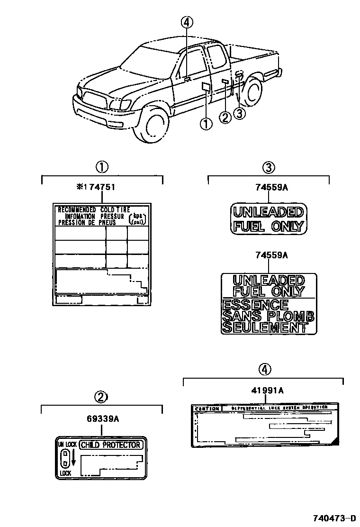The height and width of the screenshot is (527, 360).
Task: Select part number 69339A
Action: click(x=102, y=419)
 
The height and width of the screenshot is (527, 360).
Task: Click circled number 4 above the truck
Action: click(x=187, y=22)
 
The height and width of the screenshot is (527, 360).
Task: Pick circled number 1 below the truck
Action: click(x=206, y=124)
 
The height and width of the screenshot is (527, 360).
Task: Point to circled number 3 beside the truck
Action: click(x=239, y=113)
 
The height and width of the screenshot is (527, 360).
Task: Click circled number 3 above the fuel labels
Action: click(x=268, y=167)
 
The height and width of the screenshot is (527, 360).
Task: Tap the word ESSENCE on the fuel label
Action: click(x=255, y=304)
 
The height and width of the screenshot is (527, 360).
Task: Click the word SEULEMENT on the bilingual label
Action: click(x=263, y=327)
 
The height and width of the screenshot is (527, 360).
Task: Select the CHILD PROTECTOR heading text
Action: click(x=110, y=445)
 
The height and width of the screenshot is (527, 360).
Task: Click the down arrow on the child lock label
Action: click(x=73, y=459)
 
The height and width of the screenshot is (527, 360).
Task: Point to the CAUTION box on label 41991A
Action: click(x=207, y=409)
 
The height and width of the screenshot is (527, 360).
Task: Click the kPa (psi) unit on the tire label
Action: click(x=138, y=218)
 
